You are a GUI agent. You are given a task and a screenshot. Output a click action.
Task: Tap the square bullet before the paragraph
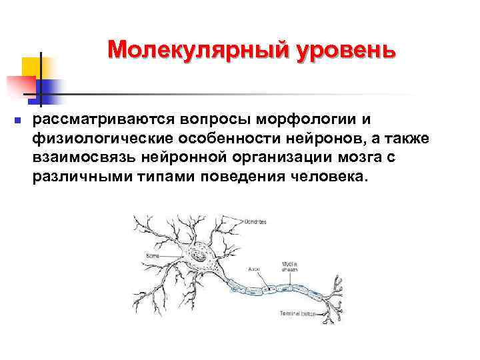coord(18,121)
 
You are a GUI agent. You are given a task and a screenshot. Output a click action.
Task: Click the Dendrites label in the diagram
coord(256,221)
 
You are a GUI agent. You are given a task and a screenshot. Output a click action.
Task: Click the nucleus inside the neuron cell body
coord(198,255)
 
